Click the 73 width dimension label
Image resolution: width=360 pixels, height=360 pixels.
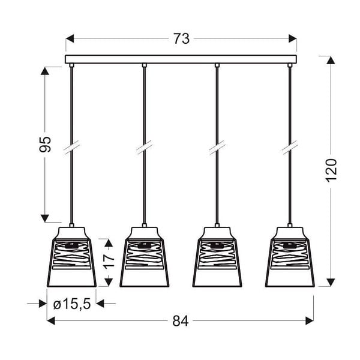[181, 39]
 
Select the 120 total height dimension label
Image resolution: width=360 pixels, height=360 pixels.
[331, 171]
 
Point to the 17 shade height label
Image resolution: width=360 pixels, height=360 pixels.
[108, 263]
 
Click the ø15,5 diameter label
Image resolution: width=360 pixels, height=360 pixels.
[71, 304]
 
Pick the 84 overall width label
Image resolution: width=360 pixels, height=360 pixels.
[181, 321]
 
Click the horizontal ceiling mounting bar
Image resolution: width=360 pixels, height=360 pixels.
[181, 59]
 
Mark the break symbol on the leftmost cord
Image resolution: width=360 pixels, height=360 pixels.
[71, 147]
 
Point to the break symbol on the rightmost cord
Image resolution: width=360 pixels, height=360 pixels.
[290, 147]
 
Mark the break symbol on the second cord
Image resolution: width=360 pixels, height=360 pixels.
[144, 147]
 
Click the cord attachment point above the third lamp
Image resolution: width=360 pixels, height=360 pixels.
[217, 65]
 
